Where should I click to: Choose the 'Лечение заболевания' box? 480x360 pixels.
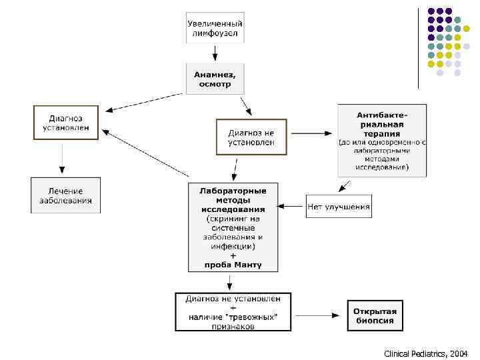(65, 195)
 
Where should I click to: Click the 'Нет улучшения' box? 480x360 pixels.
(339, 207)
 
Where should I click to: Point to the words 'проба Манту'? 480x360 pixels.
(233, 265)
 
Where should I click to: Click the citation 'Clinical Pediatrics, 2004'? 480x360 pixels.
(426, 353)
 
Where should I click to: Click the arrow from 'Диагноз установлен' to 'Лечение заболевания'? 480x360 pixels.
(62, 158)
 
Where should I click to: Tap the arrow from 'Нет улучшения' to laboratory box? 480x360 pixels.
(291, 207)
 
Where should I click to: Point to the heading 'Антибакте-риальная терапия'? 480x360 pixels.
(381, 124)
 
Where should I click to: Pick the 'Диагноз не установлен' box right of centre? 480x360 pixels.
(251, 137)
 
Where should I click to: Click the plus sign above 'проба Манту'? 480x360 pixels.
(233, 255)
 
